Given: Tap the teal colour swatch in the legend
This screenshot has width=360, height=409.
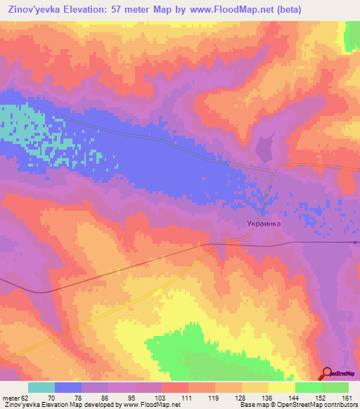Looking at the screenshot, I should [x=41, y=387].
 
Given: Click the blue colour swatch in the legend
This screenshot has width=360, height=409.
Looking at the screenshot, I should [x=68, y=387].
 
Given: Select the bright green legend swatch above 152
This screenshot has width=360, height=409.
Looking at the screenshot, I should [x=308, y=387].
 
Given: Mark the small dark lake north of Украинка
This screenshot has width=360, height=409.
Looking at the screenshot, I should [x=266, y=148].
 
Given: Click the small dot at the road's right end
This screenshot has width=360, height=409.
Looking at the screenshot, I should [x=355, y=242].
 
